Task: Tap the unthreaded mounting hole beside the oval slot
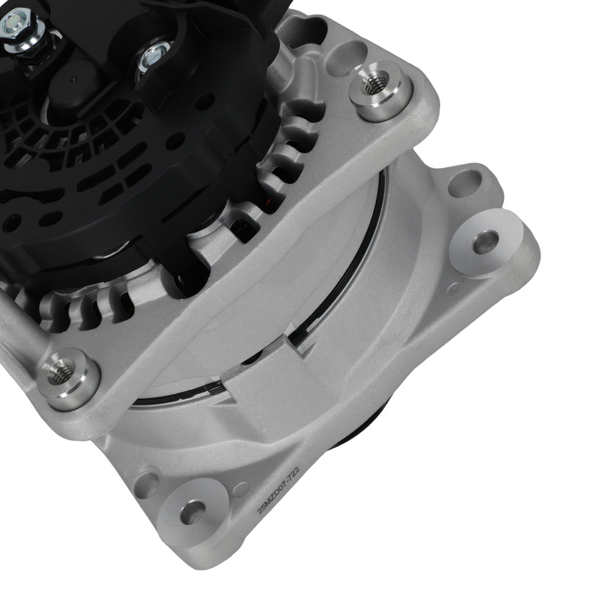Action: pos(485,242)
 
